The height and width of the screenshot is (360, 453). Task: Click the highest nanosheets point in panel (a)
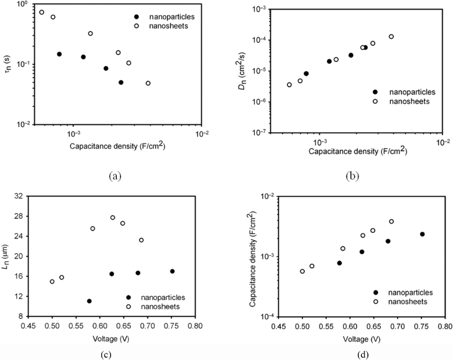pyautogui.click(x=42, y=12)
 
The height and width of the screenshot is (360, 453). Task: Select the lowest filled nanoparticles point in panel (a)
pyautogui.click(x=121, y=82)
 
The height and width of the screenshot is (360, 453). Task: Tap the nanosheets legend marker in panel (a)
pyautogui.click(x=137, y=26)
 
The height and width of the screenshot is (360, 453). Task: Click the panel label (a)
pyautogui.click(x=115, y=176)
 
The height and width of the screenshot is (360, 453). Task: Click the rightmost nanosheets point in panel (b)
pyautogui.click(x=391, y=36)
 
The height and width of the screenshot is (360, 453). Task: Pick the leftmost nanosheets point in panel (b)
pyautogui.click(x=289, y=85)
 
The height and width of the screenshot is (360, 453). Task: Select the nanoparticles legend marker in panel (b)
pyautogui.click(x=375, y=92)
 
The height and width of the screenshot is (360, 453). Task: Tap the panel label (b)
pyautogui.click(x=353, y=176)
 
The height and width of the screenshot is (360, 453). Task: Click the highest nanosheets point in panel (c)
pyautogui.click(x=113, y=217)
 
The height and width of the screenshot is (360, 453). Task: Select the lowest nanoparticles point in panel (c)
pyautogui.click(x=89, y=301)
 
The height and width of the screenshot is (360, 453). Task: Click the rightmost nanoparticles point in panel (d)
pyautogui.click(x=422, y=234)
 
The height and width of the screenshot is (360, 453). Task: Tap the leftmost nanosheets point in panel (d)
pyautogui.click(x=303, y=271)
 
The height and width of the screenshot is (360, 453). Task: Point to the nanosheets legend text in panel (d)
pyautogui.click(x=407, y=301)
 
